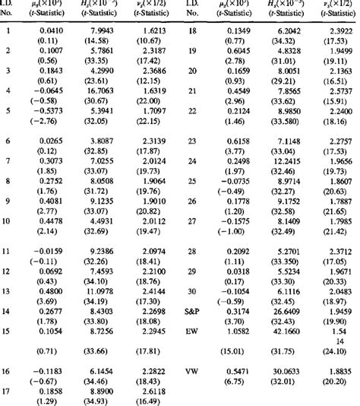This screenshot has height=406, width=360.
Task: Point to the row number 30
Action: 191,291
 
